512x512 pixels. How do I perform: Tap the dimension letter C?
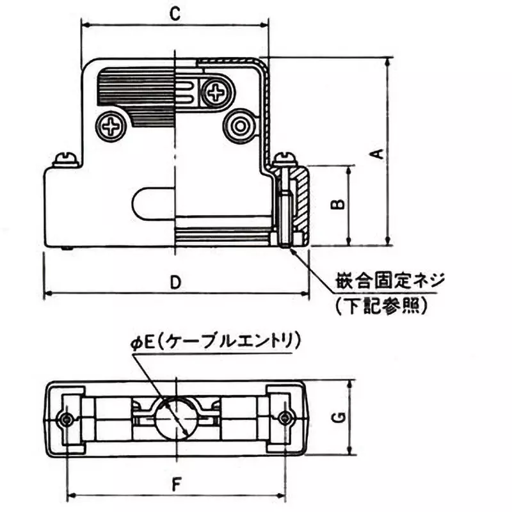pyautogui.click(x=173, y=13)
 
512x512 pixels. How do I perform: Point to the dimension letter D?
pyautogui.click(x=174, y=282)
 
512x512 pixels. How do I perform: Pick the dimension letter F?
pyautogui.click(x=174, y=484)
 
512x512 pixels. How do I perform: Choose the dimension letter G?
pyautogui.click(x=340, y=417)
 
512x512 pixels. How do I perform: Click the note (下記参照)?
pyautogui.click(x=380, y=306)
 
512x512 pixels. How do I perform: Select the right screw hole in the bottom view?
pyautogui.click(x=285, y=418)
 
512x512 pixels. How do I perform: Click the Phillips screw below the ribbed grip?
pyautogui.click(x=113, y=125)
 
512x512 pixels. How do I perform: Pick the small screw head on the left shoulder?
pyautogui.click(x=65, y=157)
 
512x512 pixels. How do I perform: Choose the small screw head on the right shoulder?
pyautogui.click(x=283, y=157)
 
